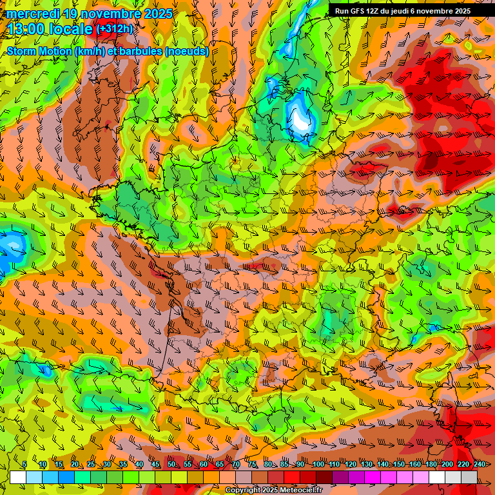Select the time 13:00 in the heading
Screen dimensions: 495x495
[27, 29]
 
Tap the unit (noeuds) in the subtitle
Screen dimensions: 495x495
[186, 51]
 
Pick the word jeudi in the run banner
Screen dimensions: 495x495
[409, 11]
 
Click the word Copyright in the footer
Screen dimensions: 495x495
[242, 490]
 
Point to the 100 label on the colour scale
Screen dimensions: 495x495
[318, 464]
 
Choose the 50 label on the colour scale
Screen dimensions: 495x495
[171, 464]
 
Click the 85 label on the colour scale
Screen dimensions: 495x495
[284, 464]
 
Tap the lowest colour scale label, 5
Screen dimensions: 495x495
[24, 464]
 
